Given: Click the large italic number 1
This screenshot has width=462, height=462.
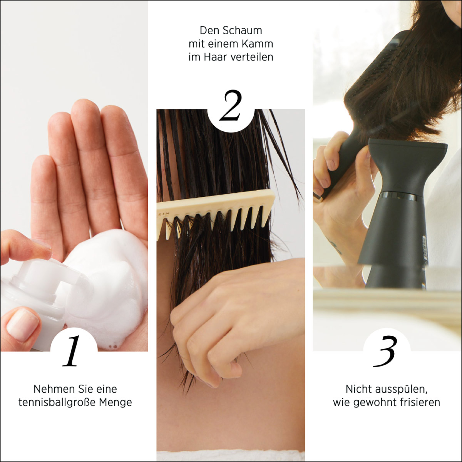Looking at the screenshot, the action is pyautogui.click(x=71, y=351).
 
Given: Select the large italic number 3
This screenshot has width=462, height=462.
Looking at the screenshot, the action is pyautogui.click(x=385, y=351).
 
